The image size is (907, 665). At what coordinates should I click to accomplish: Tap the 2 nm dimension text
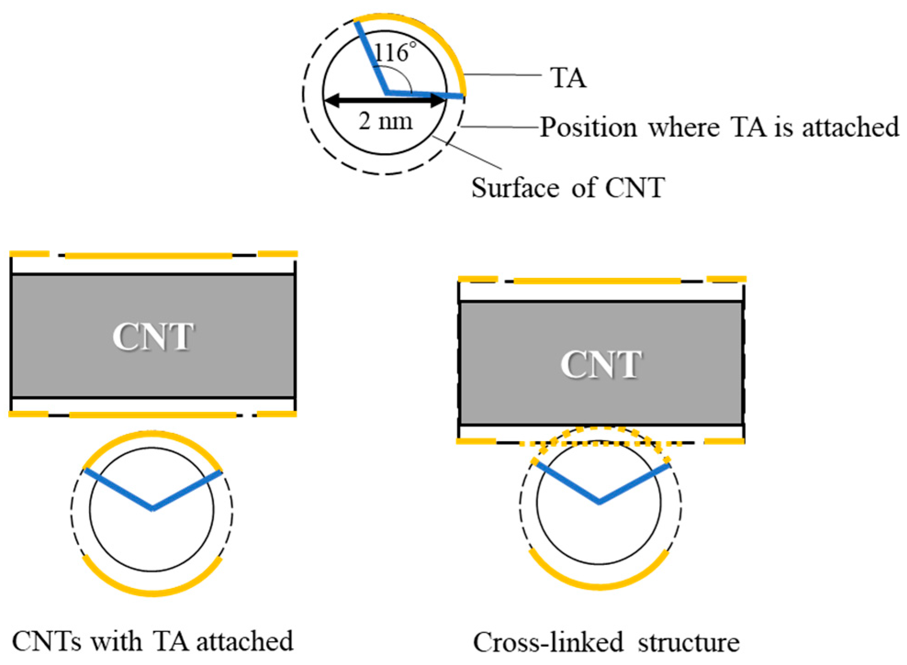[385, 122]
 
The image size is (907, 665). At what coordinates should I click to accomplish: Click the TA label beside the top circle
[568, 78]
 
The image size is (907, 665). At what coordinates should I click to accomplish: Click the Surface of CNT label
[568, 188]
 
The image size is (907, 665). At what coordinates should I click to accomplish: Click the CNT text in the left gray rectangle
[153, 337]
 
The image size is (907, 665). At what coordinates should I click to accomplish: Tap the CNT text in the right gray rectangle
[601, 365]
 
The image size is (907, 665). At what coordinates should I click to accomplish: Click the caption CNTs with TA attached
[152, 641]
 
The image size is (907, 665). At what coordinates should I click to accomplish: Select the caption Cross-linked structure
[606, 642]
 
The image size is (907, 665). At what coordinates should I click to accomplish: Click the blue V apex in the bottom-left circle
[152, 509]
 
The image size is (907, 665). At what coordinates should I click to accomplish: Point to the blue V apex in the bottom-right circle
[599, 503]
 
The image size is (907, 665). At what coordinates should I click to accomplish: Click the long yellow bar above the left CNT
[149, 255]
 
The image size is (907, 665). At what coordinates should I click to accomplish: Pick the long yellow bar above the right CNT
[597, 281]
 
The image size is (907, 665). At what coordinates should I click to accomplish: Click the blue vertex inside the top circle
[387, 93]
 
